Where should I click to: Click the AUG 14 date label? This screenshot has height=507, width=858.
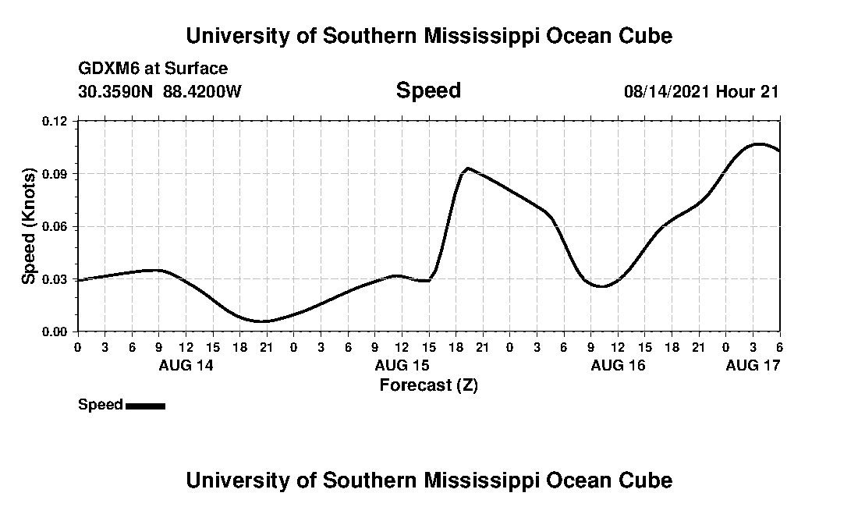pos(186,364)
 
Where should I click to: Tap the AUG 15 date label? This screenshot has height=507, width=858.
pos(402,364)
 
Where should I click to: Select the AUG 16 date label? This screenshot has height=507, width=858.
pos(618,364)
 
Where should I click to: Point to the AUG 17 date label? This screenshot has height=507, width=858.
pos(753,364)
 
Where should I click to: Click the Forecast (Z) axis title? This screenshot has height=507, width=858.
pos(428,385)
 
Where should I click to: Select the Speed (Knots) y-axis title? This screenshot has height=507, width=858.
pos(28,226)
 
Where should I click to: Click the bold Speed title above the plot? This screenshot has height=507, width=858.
pos(428,90)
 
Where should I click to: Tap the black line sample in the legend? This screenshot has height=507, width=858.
pos(145,406)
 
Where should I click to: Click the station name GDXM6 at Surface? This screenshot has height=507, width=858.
pos(153,69)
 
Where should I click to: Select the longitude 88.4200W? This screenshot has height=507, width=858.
pos(202,91)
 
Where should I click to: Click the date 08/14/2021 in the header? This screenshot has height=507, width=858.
pos(667,91)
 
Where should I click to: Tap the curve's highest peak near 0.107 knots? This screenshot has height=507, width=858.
pos(757,144)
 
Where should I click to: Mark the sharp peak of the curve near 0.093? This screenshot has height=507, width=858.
pos(467,168)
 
